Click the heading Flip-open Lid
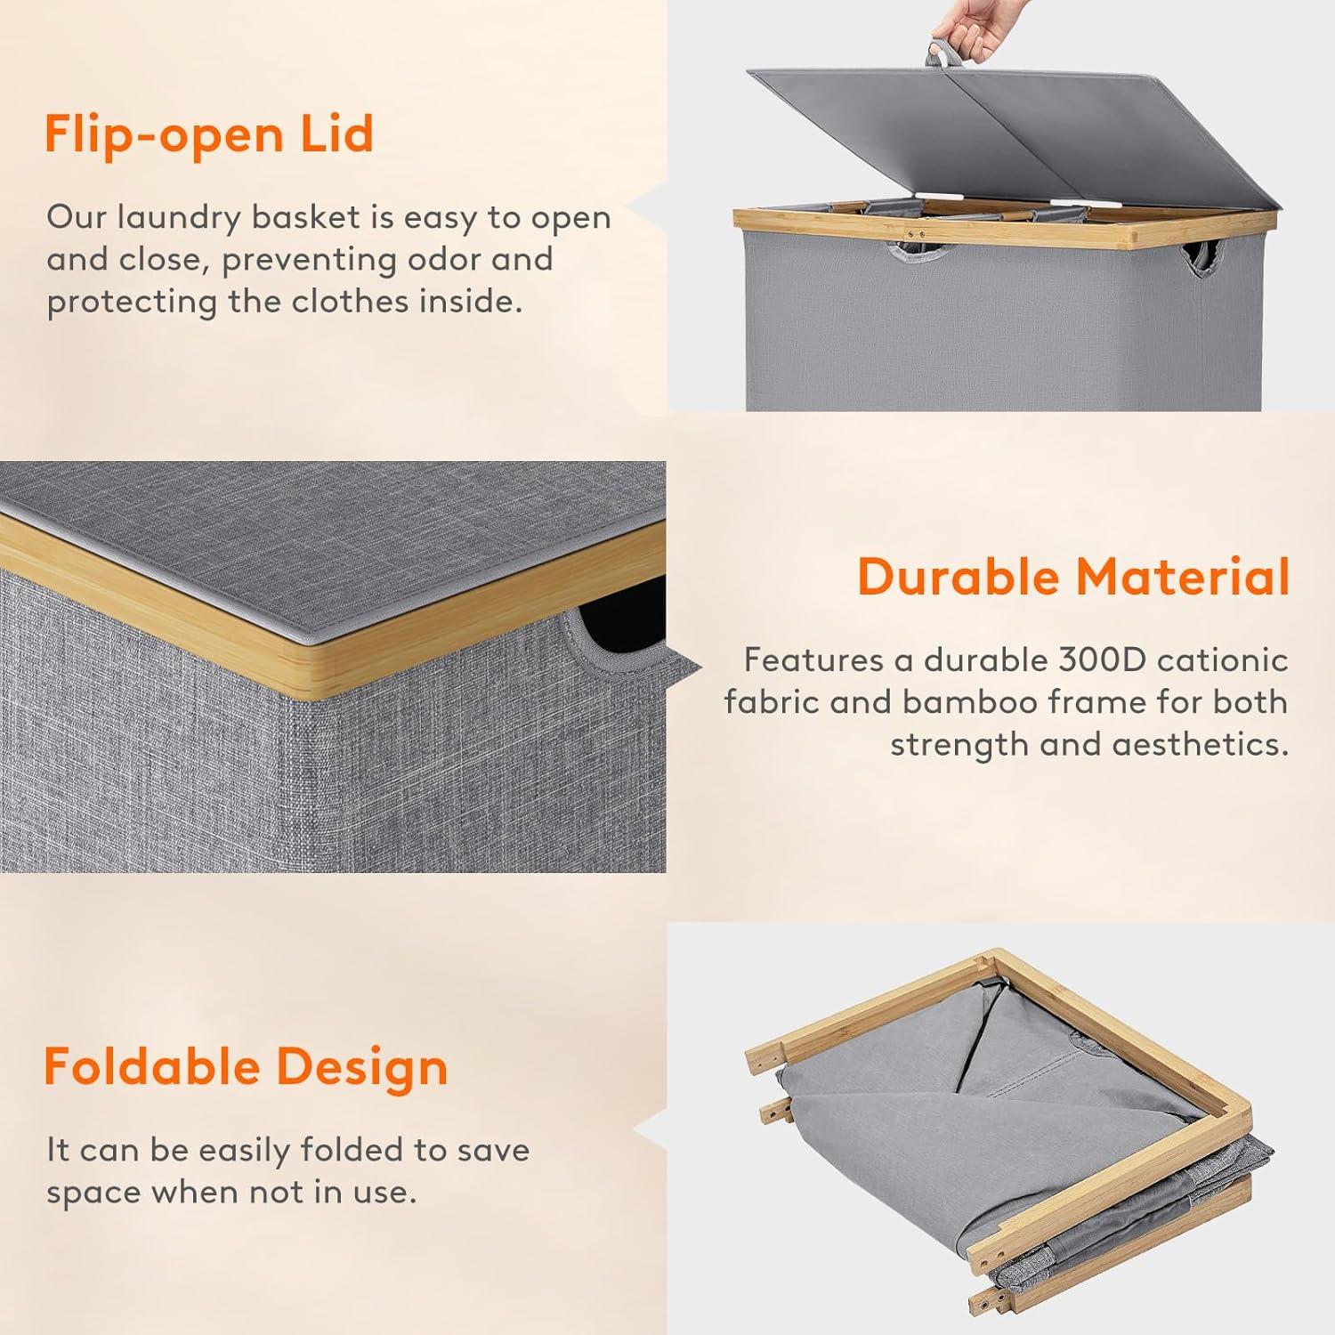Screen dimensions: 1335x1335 209,135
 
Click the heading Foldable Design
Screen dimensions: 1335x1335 246,1067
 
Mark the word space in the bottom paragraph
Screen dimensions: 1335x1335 99,1193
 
